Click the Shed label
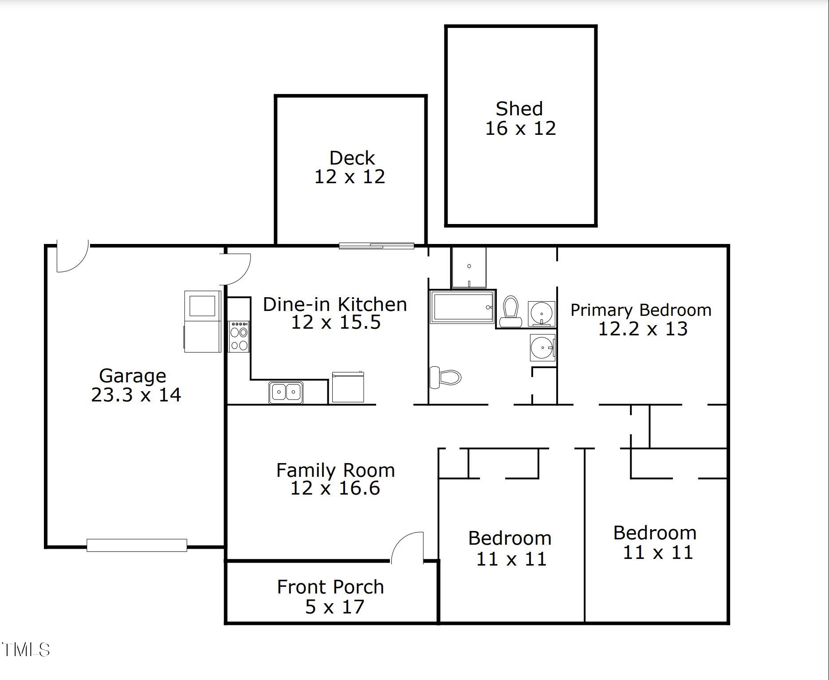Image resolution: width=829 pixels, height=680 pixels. pos(519,109)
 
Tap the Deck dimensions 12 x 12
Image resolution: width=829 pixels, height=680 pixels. pos(350,177)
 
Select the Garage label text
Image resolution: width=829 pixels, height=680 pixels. pos(133,376)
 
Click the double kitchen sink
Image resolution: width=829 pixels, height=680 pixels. pos(286,392)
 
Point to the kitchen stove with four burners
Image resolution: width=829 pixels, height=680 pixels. pos(239,337)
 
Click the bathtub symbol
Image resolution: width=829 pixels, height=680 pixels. pos(462,307)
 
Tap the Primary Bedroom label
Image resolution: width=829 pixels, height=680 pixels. pos(641,311)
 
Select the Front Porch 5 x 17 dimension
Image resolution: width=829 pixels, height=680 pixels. pos(335,607)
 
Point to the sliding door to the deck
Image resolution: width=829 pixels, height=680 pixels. pos(377,246)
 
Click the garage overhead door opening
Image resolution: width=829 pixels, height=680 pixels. pos(137,545)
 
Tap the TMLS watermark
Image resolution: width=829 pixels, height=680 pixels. pos(25,650)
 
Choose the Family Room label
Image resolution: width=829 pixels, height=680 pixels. pos(335,470)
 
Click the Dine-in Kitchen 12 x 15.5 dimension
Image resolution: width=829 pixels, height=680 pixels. pos(336,322)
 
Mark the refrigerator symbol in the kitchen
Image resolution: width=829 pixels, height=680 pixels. pos(348,387)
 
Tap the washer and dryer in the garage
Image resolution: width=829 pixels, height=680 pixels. pos(203,322)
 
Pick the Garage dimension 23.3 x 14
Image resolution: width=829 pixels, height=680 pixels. pos(136,395)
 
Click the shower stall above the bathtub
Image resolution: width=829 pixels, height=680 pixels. pos(469,267)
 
